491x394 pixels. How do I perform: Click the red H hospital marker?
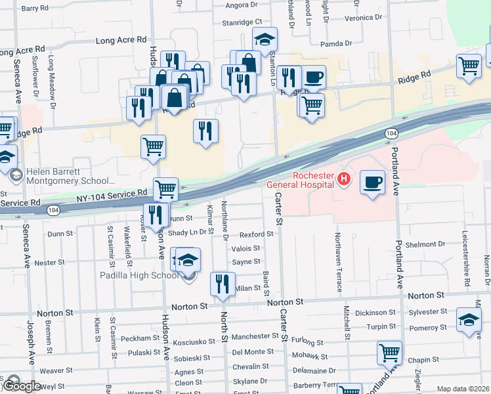point(343,178)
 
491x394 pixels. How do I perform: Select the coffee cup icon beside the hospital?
point(372,183)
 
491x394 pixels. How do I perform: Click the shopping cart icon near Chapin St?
point(389,353)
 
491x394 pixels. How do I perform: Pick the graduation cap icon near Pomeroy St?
point(469,320)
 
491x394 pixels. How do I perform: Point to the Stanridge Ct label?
point(242,22)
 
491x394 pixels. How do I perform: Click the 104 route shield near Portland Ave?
point(391,133)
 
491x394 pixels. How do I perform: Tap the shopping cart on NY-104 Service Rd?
point(166,189)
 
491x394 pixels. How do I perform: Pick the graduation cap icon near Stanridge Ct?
point(265,40)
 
